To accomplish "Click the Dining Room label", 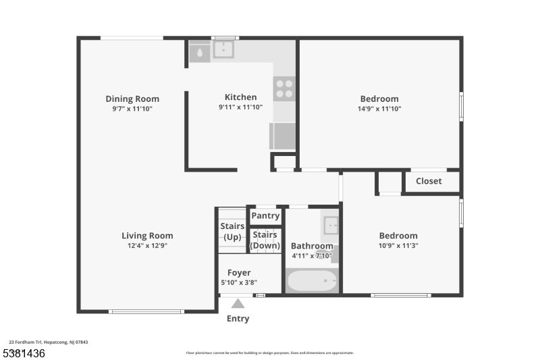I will pos(132,99).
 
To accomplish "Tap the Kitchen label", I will pos(240,97).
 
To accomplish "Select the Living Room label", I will pos(147,236).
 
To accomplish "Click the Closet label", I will pos(429,181).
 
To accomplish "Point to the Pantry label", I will pos(265,216).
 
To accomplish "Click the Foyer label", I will pos(239,273).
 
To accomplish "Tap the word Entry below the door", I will pos(238,319).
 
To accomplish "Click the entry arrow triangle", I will pos(238,304).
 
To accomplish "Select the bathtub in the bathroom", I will pos(311,280).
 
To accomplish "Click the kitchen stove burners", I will pos(284,89).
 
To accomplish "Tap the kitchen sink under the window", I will pos(223,49).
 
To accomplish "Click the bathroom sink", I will pos(330,225).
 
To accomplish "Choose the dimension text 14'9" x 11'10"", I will pos(379,109).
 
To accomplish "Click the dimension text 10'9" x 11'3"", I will pos(398,246).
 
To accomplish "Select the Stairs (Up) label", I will pos(232,232).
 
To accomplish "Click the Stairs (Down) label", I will pos(265,240).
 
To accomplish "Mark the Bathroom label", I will pos(312,246).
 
